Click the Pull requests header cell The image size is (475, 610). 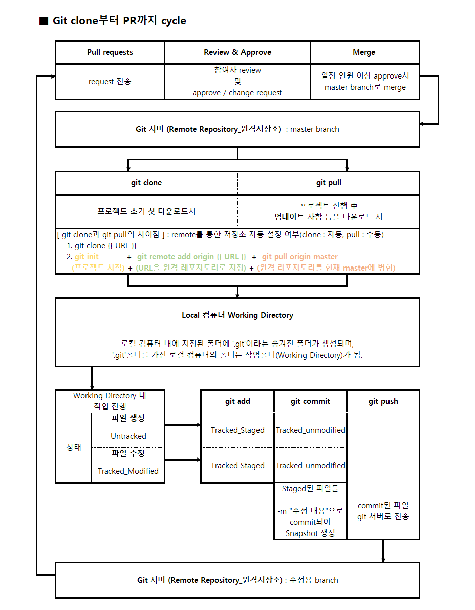110,52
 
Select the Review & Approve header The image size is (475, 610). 237,52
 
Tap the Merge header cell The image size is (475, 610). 364,52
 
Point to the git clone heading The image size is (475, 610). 146,183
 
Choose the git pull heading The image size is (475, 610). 329,183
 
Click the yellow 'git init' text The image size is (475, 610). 87,257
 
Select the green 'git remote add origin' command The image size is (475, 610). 191,257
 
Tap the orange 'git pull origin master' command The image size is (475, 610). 299,257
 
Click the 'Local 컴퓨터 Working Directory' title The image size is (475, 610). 237,315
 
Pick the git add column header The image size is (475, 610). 237,401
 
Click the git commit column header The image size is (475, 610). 310,401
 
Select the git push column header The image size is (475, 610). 383,401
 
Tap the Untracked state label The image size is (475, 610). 128,436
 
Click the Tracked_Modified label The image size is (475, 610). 128,471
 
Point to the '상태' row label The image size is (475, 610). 74,447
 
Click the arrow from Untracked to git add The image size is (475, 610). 183,425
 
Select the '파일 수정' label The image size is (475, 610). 128,453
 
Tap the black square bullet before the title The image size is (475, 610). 44,21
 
